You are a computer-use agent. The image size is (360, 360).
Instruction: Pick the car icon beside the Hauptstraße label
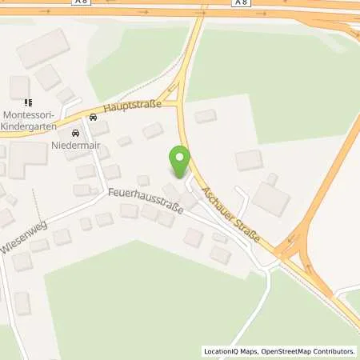coord(94,118)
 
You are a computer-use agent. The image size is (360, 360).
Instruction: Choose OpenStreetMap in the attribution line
coord(287,351)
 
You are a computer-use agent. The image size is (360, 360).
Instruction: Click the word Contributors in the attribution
coord(335,351)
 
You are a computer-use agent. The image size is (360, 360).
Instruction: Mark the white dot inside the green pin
coord(180,157)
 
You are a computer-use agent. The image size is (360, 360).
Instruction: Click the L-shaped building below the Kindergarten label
coord(20,158)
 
